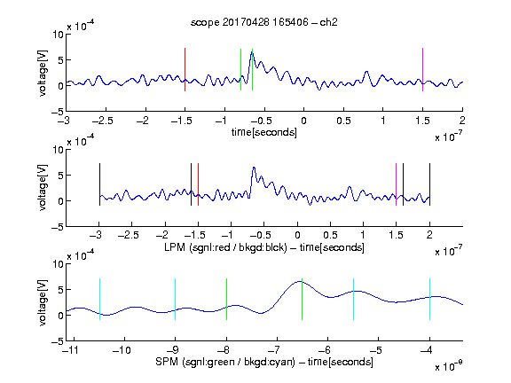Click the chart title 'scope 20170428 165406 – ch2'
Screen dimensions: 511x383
click(263, 22)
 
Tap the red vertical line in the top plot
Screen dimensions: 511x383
click(185, 69)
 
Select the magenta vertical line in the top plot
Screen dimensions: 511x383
click(422, 69)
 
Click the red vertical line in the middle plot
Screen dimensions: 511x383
click(198, 184)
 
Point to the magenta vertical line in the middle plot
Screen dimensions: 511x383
click(396, 184)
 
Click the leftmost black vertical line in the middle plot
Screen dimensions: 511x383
click(99, 184)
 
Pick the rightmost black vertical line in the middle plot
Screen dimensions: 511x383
click(429, 184)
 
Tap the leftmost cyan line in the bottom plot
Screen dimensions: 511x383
click(99, 299)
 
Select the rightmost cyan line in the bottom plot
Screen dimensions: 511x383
click(429, 299)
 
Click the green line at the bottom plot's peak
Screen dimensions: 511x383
click(303, 299)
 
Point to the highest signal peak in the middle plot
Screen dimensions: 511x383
click(254, 168)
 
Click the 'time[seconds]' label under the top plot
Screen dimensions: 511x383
click(264, 132)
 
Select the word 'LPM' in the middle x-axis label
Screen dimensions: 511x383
click(175, 247)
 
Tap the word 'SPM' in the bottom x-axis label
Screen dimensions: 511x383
click(167, 362)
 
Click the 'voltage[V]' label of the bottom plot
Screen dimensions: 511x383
click(43, 302)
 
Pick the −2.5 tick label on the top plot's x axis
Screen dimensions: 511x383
click(103, 121)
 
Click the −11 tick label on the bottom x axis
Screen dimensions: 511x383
click(70, 350)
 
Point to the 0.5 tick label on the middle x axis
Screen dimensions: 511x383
click(330, 235)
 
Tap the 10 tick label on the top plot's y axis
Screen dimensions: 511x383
click(59, 35)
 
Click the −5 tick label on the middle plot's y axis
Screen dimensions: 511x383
click(58, 227)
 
